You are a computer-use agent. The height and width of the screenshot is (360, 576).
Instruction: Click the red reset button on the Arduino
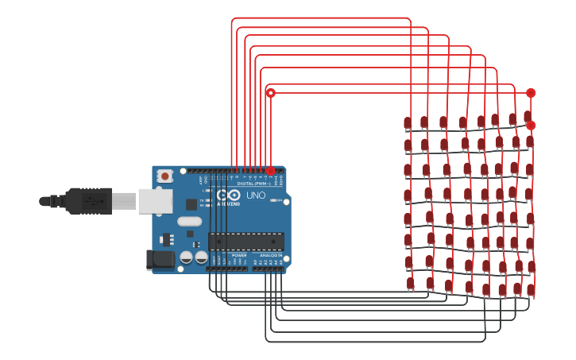point(164,176)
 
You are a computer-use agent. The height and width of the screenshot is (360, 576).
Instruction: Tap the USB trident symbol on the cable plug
point(95,201)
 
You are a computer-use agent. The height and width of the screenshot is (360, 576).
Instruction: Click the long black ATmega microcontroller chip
point(246,241)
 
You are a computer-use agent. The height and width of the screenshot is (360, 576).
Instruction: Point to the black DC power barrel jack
point(161,259)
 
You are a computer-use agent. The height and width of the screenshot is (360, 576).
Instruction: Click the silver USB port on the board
point(155,201)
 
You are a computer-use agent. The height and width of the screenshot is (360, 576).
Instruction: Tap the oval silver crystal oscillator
point(189,222)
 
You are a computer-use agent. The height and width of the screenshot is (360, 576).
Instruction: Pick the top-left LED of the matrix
point(408,122)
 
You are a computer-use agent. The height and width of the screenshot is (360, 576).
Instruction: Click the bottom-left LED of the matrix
point(411,284)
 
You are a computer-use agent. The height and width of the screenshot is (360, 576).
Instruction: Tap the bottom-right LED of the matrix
point(531,289)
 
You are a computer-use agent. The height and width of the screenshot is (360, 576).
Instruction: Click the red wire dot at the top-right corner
point(531,93)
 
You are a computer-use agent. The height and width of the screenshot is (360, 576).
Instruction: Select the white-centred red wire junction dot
point(271,93)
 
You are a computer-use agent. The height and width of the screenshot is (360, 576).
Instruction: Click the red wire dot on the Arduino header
point(270,170)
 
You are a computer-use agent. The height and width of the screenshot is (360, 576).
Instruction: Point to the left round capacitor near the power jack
point(186,257)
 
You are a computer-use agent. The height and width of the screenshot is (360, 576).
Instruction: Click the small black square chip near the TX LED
point(191,204)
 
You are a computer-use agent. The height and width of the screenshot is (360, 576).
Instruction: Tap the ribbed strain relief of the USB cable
point(56,201)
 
